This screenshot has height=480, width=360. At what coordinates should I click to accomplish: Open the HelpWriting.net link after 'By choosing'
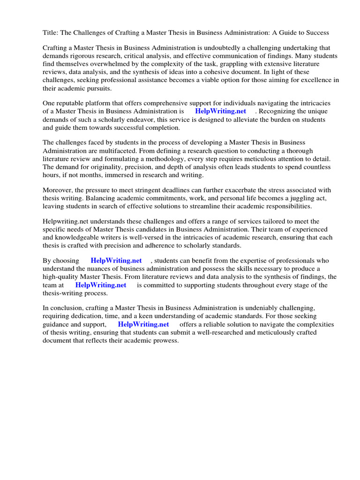[116, 261]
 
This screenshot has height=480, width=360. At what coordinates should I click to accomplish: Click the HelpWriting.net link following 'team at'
[101, 285]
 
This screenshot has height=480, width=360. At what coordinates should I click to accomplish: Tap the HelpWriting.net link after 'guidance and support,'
[143, 324]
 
